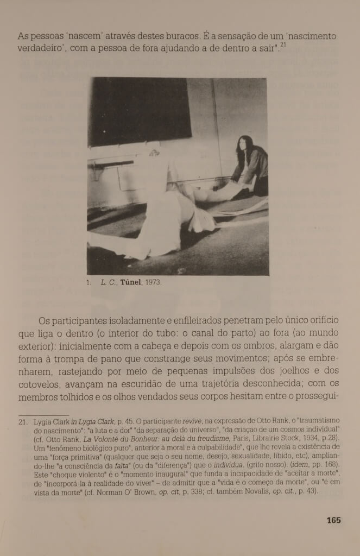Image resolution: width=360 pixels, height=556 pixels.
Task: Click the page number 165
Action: tap(333, 520)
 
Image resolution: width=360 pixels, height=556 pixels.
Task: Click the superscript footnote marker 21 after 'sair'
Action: tap(284, 46)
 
